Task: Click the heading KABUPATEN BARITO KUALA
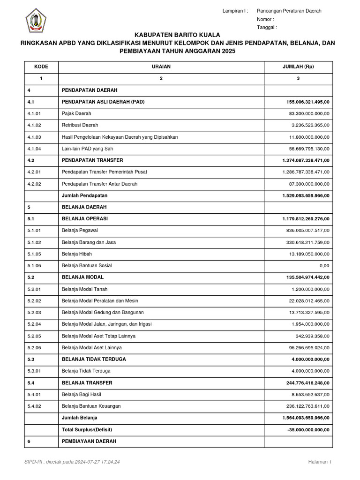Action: tap(177, 35)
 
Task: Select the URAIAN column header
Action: tap(161, 67)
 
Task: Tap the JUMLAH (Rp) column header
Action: tap(298, 67)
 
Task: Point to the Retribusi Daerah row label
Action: tap(80, 125)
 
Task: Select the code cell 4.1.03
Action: tap(35, 137)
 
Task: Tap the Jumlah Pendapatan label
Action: tap(84, 195)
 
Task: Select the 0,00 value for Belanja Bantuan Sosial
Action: tap(323, 266)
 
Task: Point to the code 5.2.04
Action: tap(35, 324)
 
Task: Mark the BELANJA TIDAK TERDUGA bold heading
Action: tap(94, 360)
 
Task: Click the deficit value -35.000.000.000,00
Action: tap(307, 430)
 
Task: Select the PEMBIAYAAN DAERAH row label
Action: tap(89, 442)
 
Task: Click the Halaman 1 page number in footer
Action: tap(320, 462)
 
